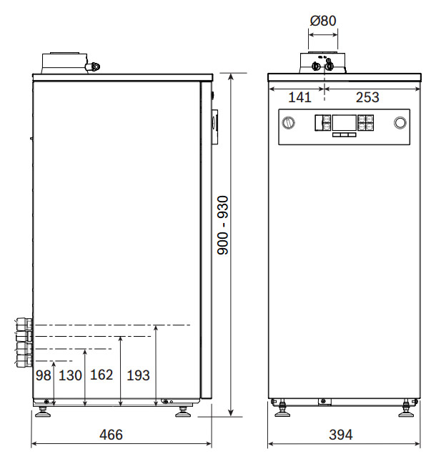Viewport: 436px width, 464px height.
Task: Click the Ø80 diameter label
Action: (x=323, y=21)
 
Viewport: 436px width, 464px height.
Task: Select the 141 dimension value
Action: (x=299, y=97)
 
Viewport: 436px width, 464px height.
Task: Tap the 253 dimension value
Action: (x=367, y=97)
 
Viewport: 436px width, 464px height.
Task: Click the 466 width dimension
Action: (x=111, y=435)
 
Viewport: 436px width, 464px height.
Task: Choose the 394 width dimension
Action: (x=341, y=435)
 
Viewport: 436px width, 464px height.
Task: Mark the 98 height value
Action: (x=43, y=375)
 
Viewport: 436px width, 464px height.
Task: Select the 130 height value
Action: (x=70, y=375)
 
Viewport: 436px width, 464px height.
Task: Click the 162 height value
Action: (x=101, y=375)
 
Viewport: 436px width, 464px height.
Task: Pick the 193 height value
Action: (x=138, y=375)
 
